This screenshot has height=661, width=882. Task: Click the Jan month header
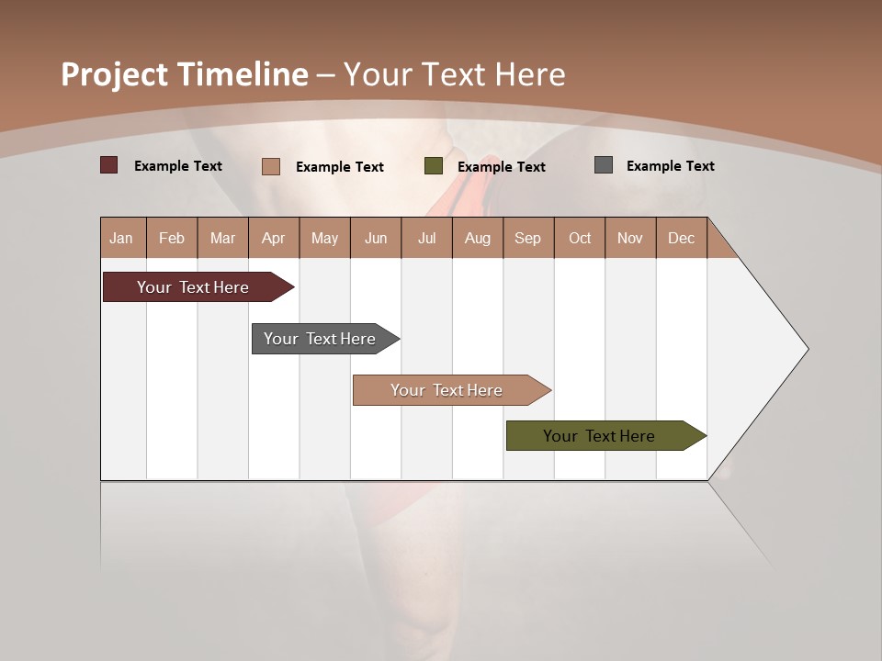pos(121,238)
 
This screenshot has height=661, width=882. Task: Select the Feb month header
pos(172,238)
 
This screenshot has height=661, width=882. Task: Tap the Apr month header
pos(273,238)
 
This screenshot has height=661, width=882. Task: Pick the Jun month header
pos(376,238)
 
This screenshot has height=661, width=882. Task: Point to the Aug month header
pos(477,238)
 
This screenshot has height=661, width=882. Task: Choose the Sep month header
pos(527,238)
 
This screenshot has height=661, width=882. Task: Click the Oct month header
pos(580,238)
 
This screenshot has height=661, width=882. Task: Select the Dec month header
pos(681,238)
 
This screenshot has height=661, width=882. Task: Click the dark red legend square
pos(109,165)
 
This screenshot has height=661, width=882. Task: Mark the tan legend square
pos(271,166)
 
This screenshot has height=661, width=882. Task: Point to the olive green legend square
pos(434,166)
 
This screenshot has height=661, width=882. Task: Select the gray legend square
pos(604,165)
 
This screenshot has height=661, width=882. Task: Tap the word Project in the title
pos(114,74)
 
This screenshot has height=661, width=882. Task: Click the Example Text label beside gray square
pos(670,165)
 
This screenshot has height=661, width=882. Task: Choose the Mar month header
pos(222,238)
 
